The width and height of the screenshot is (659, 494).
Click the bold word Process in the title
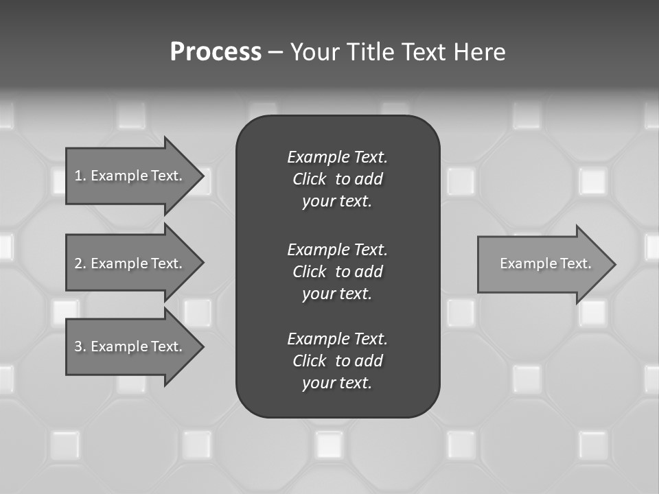pyautogui.click(x=216, y=52)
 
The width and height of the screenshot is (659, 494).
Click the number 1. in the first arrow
pyautogui.click(x=80, y=176)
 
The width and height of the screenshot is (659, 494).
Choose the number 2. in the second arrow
pyautogui.click(x=80, y=263)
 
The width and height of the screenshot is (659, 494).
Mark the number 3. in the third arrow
pyautogui.click(x=80, y=346)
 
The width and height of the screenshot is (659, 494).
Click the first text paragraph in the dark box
pyautogui.click(x=337, y=179)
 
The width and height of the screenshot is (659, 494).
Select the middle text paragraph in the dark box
pyautogui.click(x=337, y=272)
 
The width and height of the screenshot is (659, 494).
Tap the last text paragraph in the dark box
pyautogui.click(x=337, y=361)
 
